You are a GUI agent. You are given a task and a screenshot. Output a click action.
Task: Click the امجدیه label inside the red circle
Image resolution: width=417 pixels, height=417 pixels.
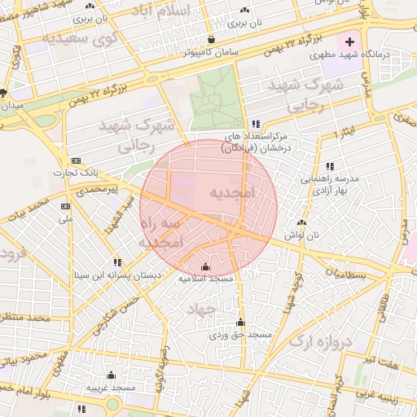232,193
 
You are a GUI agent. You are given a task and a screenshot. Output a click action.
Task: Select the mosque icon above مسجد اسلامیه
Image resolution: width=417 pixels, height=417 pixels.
204,266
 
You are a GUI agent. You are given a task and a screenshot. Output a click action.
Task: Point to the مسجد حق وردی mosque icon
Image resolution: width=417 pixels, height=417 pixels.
239,323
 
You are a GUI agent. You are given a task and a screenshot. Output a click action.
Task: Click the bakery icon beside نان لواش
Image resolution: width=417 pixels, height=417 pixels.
302,222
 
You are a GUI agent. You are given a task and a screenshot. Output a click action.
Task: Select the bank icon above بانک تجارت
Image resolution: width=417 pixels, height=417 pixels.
76,160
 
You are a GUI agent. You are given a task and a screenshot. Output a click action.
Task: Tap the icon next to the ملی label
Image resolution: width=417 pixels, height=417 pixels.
65,207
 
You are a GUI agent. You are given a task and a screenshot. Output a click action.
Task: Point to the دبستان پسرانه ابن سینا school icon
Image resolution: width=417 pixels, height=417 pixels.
118,262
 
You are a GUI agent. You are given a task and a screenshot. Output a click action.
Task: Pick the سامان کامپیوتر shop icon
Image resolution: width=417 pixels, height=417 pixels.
211,39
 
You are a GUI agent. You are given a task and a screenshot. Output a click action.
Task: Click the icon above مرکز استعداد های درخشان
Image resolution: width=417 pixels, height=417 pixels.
256,124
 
